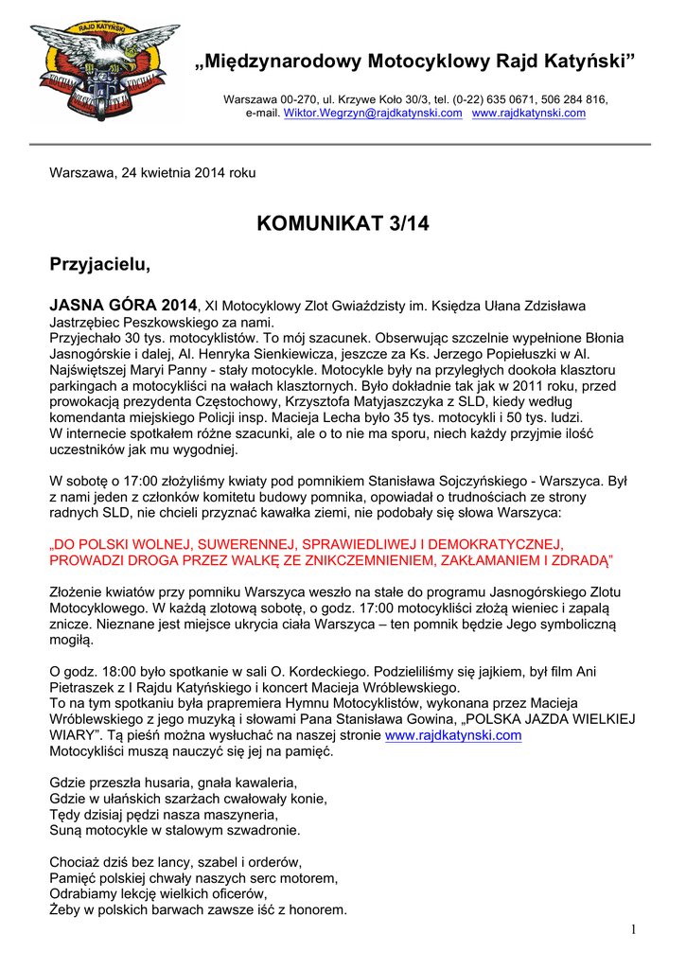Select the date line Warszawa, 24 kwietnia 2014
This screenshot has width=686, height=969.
(x=152, y=173)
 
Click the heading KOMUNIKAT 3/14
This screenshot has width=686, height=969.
(x=343, y=223)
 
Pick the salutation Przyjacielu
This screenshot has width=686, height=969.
(x=99, y=264)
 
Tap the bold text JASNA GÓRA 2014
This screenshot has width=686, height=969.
(x=123, y=305)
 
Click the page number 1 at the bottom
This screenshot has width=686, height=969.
(x=633, y=930)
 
